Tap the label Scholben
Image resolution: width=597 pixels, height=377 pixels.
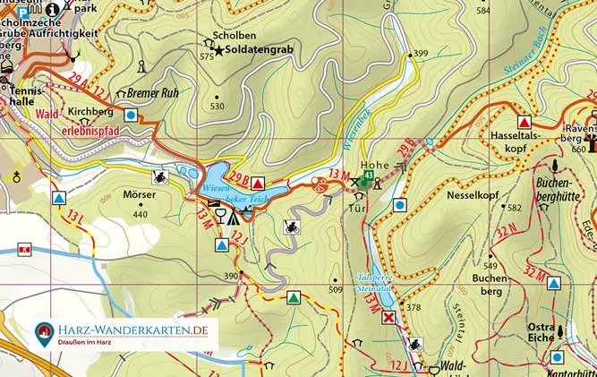coord(227,37)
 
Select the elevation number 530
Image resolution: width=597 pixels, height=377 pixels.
coord(217,106)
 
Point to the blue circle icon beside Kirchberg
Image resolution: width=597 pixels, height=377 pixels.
coord(132,115)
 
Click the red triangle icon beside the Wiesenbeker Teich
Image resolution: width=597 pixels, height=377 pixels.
coord(259,180)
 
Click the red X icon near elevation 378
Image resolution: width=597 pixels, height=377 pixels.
coord(388,318)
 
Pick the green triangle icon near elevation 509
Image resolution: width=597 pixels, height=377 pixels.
coord(292,296)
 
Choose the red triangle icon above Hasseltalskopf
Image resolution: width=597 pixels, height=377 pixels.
coord(525,121)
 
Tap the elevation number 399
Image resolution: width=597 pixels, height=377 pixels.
coord(421,53)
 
